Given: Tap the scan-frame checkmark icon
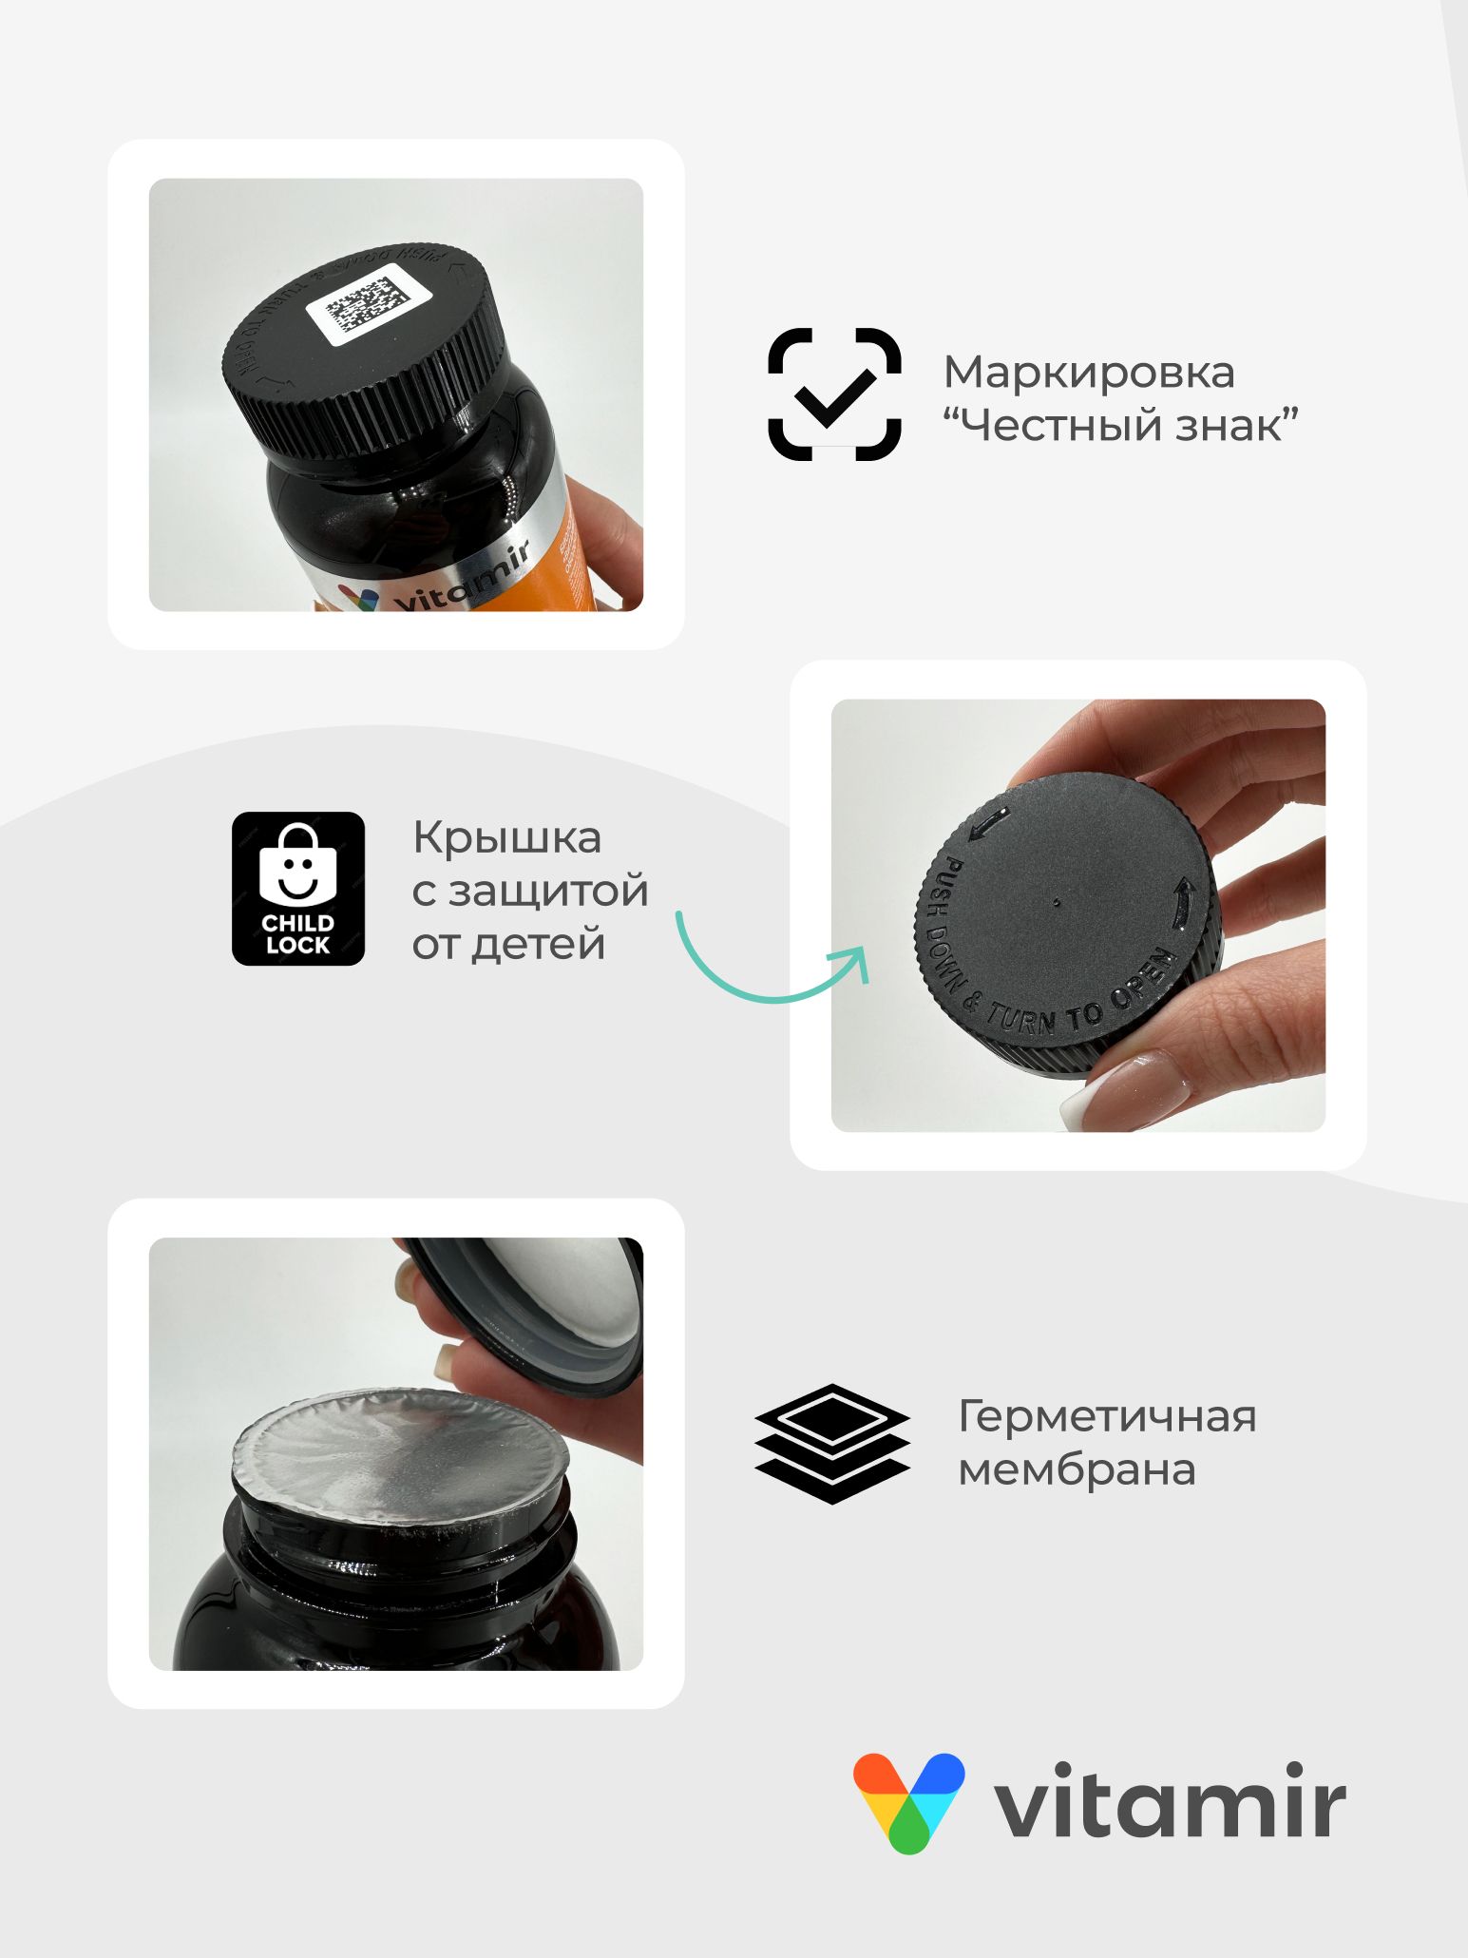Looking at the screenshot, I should pos(834,394).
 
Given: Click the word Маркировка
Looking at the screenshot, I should pos(1089,372).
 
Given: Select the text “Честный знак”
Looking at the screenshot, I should pos(1120,424).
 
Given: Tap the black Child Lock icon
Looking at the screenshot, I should pos(298,889).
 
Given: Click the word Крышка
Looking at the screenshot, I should pos(506,838).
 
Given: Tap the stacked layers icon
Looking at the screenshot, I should pos(832,1444).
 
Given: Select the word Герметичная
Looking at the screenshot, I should pos(1107,1416).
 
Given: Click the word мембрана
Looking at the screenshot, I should pos(1077,1469).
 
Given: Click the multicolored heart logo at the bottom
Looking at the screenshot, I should pos(908,1802).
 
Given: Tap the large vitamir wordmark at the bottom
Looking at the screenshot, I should pos(1169,1802).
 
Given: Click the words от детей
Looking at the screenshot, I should pos(508,945).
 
